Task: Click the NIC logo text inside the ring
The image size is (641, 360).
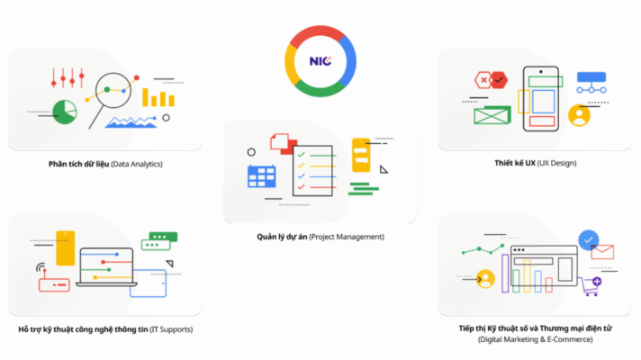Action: [320, 61]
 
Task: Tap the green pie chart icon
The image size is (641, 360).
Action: [64, 112]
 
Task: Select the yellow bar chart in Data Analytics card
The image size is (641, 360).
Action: [159, 96]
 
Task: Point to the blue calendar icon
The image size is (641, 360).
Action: [262, 175]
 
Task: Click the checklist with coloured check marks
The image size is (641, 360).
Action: [312, 171]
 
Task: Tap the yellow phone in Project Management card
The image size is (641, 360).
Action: [361, 154]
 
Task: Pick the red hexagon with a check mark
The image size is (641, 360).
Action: [484, 81]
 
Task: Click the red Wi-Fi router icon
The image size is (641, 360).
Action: [53, 284]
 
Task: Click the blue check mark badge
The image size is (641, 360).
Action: [589, 240]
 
